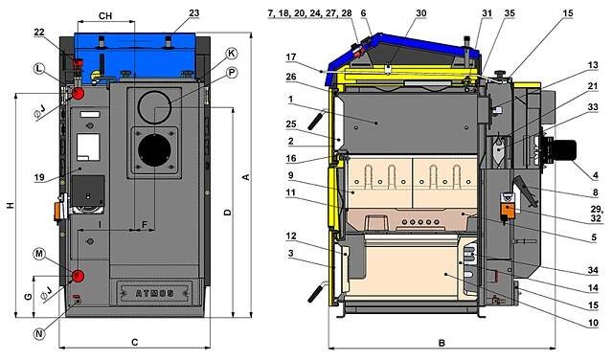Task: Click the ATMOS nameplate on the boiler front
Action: (x=155, y=293)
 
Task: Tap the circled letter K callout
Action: (x=232, y=54)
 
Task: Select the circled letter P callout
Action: (x=232, y=72)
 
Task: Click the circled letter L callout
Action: (x=38, y=69)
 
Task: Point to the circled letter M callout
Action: (x=38, y=254)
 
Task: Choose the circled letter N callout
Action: (x=38, y=333)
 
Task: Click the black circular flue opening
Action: (x=154, y=150)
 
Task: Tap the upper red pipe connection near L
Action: (x=79, y=93)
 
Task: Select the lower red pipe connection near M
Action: (x=78, y=276)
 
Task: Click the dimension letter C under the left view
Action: (x=135, y=342)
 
